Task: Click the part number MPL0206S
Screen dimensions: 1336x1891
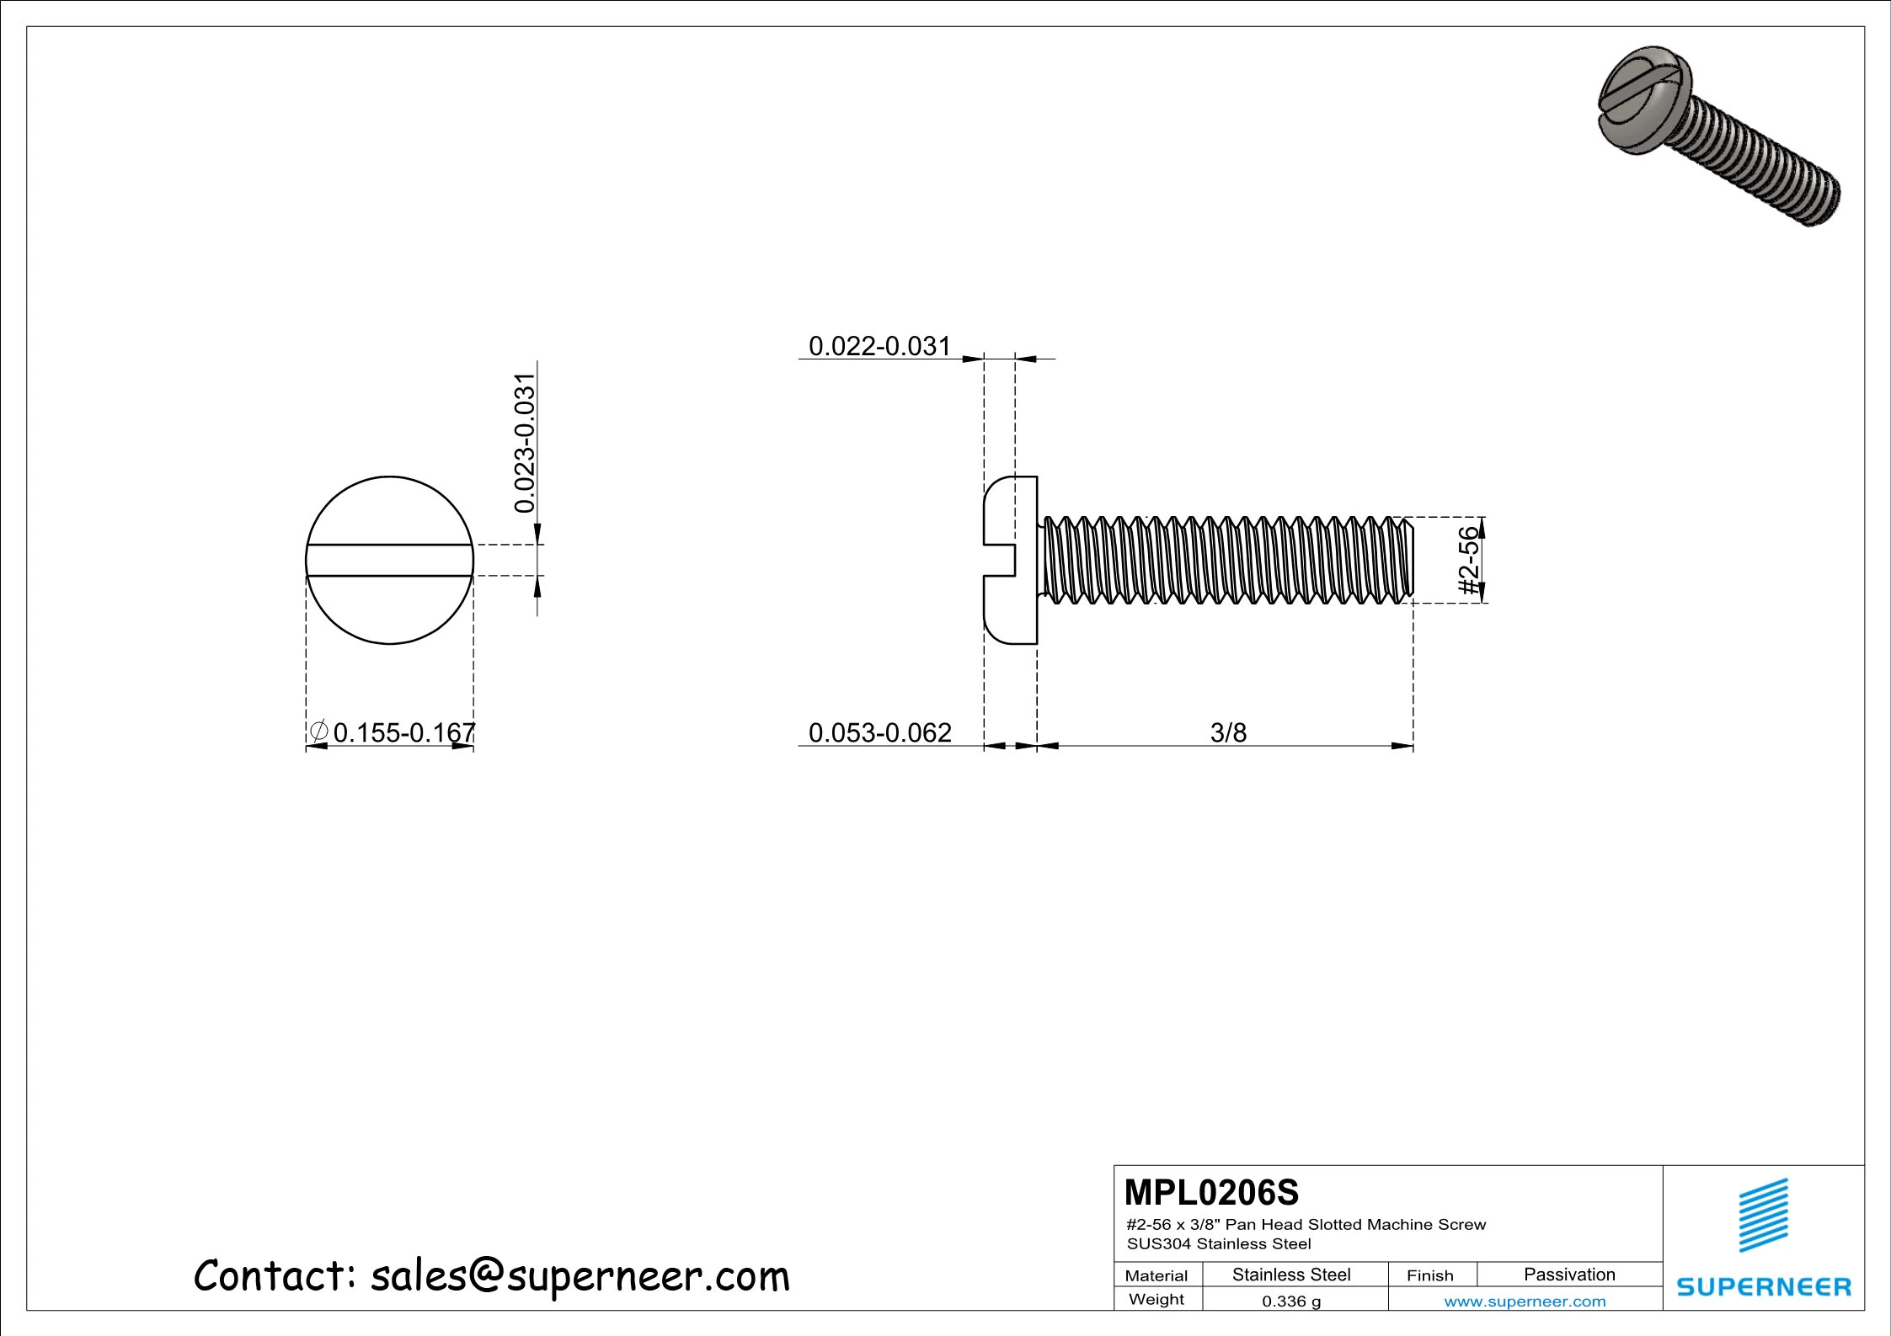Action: point(1211,1193)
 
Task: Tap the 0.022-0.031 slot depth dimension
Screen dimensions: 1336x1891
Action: point(879,346)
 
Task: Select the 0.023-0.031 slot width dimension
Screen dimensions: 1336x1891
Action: point(525,443)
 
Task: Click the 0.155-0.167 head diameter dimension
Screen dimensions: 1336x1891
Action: point(404,732)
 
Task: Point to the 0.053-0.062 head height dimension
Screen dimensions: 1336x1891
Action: point(879,732)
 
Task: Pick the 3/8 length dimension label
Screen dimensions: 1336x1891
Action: point(1228,732)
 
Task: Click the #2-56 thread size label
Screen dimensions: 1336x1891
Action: point(1468,560)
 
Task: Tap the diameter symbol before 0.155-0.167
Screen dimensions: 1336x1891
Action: point(318,732)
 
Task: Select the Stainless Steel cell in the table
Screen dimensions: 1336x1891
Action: point(1291,1275)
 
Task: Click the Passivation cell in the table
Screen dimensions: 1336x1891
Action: point(1569,1275)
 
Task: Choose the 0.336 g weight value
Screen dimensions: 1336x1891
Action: point(1291,1301)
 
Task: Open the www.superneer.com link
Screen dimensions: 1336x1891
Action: point(1525,1301)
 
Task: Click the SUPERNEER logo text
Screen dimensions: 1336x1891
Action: point(1764,1286)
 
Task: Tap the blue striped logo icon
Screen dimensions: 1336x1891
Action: point(1764,1215)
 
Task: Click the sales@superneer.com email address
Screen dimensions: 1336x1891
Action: point(580,1276)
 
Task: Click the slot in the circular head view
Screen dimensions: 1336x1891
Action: point(390,561)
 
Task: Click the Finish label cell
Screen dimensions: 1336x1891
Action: point(1429,1275)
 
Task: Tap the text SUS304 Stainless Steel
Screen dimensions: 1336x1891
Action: point(1219,1244)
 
